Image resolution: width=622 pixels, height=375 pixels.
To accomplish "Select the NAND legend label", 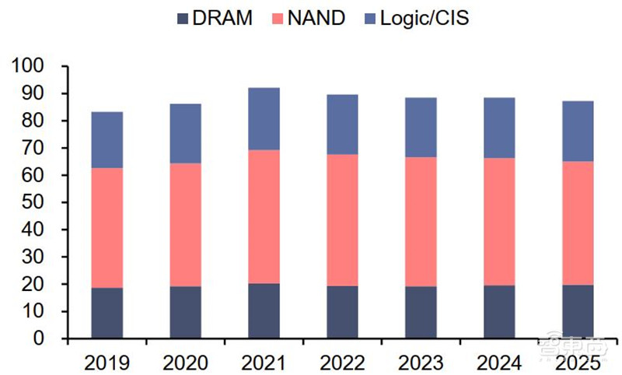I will (316, 18).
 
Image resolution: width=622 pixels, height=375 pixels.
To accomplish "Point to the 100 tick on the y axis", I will (29, 66).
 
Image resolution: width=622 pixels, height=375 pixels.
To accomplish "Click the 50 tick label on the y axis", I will (34, 202).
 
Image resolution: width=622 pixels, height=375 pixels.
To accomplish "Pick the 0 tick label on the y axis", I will (40, 338).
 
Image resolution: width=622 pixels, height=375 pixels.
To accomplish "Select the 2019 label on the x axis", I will (107, 361).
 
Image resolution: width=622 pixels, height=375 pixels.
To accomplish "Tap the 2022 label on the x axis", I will (342, 361).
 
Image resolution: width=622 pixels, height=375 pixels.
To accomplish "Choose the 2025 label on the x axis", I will (577, 361).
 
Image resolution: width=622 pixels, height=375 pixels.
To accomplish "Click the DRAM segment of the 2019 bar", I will (107, 313).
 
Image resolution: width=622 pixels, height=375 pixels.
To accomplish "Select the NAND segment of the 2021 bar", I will (264, 217).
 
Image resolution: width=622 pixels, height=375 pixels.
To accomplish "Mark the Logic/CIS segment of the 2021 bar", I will (264, 119).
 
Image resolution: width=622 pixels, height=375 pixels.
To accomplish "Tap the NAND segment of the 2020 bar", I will (185, 225).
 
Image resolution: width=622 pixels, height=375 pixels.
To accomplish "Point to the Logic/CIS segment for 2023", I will (421, 128).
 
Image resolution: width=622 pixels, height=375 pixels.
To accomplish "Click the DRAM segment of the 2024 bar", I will (498, 311).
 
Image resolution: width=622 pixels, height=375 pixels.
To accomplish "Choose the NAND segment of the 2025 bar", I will (577, 223).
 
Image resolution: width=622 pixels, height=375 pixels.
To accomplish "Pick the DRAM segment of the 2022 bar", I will (342, 312).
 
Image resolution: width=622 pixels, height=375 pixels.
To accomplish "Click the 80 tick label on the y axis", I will (34, 121).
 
